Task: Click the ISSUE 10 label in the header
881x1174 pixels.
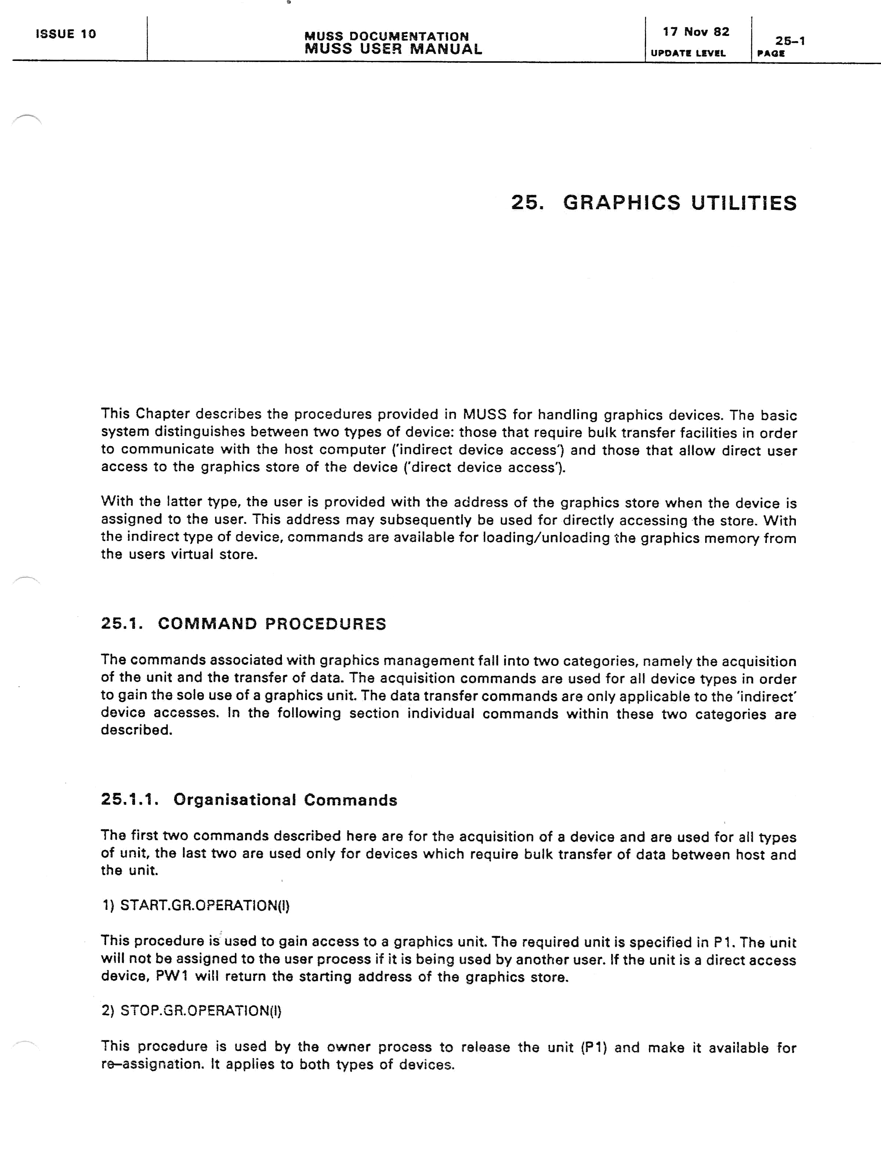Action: point(66,34)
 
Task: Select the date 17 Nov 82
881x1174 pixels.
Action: point(696,32)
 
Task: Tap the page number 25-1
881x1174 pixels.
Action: point(790,41)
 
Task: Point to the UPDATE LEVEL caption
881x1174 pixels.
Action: point(688,53)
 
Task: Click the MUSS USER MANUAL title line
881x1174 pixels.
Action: point(393,50)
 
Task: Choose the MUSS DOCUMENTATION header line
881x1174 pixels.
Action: point(386,36)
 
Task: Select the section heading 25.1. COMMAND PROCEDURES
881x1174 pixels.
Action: point(243,624)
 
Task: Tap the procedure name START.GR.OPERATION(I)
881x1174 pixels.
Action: point(204,905)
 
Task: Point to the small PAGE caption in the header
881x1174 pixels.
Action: point(771,54)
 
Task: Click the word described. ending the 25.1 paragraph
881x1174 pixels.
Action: point(137,730)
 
